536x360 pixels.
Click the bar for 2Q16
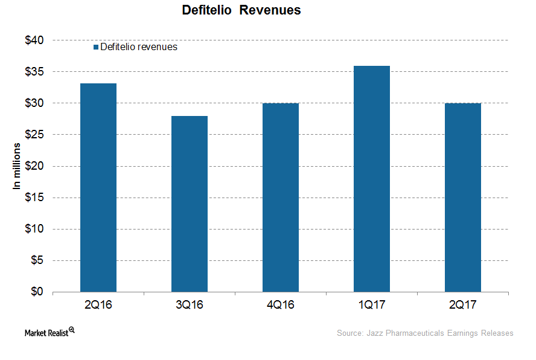point(98,187)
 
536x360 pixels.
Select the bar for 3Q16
point(190,204)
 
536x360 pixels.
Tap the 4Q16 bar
point(281,198)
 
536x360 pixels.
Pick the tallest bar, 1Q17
point(372,179)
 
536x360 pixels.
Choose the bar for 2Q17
point(463,198)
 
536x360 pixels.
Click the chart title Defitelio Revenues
point(241,11)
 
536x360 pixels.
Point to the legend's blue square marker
point(96,47)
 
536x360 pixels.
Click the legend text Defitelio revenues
point(139,47)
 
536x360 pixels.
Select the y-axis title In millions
point(18,166)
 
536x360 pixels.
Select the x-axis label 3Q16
point(190,305)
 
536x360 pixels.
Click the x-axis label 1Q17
point(372,305)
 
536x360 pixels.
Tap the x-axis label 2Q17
point(463,305)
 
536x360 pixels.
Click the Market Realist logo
point(49,332)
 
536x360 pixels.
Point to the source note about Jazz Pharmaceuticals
point(425,333)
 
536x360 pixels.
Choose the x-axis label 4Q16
point(281,305)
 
